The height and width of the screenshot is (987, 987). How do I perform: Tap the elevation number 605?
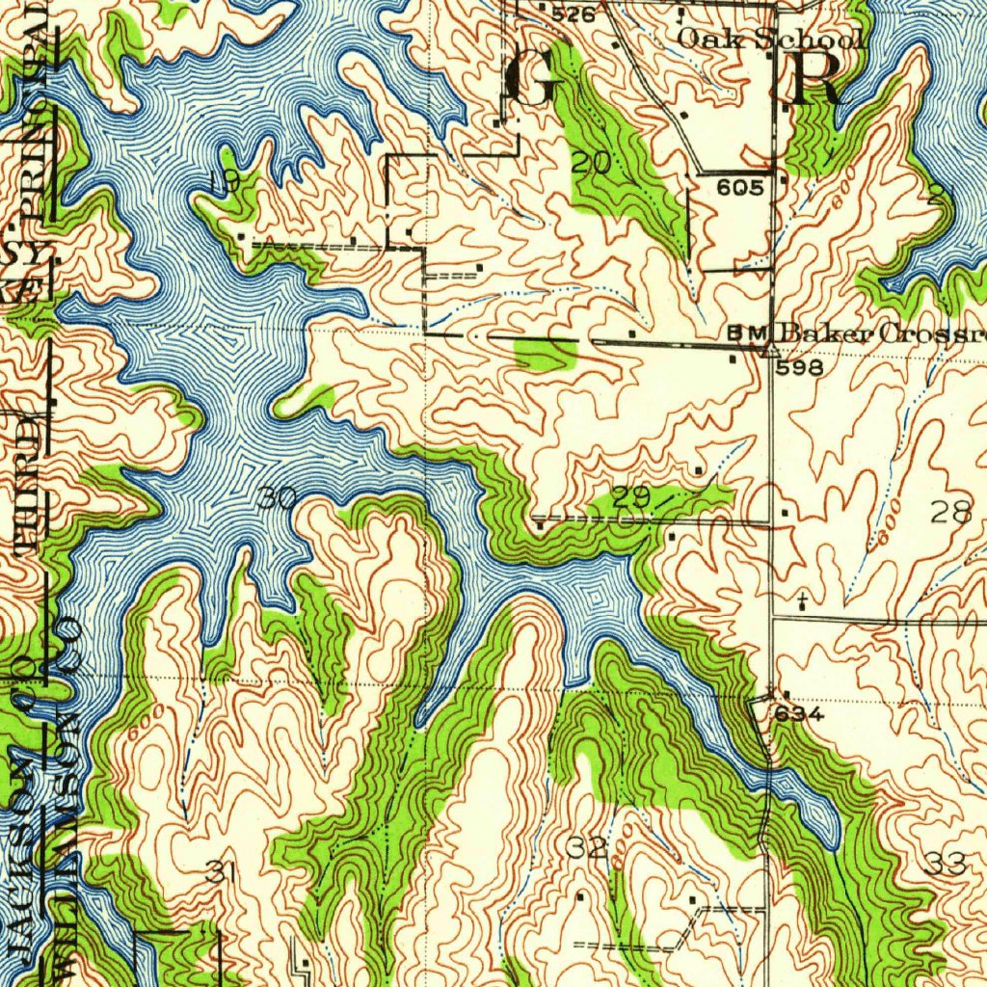click(740, 188)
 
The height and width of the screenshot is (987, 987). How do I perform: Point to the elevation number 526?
click(574, 14)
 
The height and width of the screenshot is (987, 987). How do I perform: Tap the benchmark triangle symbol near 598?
click(769, 349)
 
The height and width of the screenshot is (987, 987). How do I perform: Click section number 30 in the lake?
click(277, 499)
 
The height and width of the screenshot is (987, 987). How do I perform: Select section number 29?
click(631, 498)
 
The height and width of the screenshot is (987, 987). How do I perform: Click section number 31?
click(221, 873)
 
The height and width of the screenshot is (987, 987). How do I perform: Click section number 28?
click(951, 513)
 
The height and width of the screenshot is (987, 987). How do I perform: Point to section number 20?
click(590, 164)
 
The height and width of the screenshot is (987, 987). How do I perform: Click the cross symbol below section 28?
click(802, 602)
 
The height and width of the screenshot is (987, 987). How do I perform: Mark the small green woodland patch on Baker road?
click(545, 354)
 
